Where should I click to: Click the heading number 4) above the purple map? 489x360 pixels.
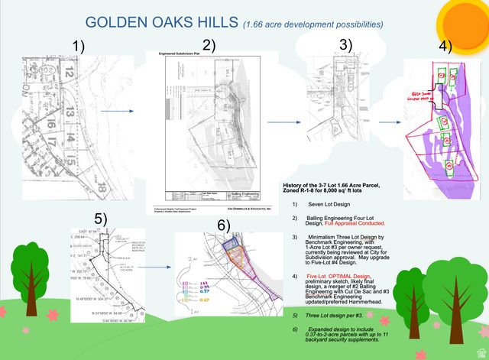pyautogui.click(x=447, y=46)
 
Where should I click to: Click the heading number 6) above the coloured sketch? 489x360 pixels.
pyautogui.click(x=224, y=225)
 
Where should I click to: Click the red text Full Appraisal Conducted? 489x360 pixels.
pyautogui.click(x=356, y=222)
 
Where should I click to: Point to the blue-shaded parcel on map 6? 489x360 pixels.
pyautogui.click(x=231, y=244)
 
